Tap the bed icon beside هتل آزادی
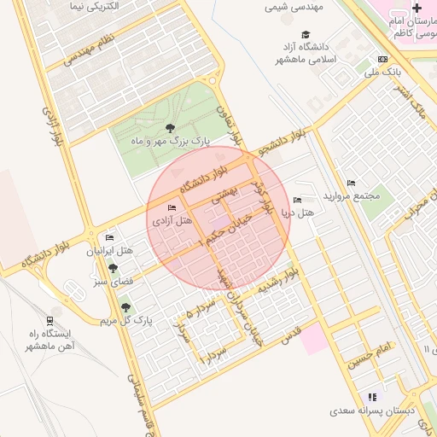coord(172,208)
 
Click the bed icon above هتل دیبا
coord(297,199)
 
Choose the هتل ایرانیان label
coord(111,252)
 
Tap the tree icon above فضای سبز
coord(114,267)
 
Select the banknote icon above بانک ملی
coord(382,60)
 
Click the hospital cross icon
coord(417,7)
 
